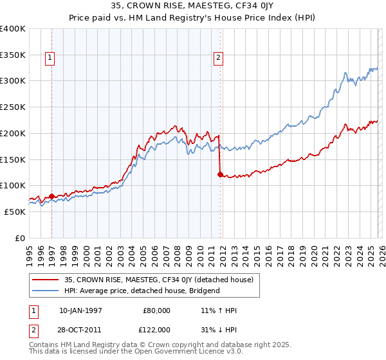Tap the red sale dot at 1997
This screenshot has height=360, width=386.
click(51, 196)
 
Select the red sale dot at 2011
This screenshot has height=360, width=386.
click(220, 174)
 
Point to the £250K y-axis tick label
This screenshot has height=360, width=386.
click(13, 107)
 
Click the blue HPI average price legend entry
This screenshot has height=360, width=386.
click(142, 291)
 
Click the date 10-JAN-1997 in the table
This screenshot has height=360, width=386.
click(80, 310)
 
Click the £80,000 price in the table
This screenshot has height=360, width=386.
click(157, 310)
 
